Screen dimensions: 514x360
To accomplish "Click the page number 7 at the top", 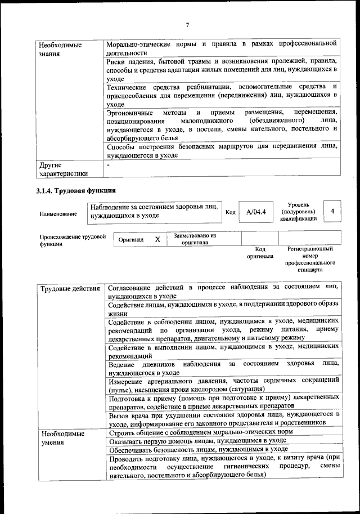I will [187, 24].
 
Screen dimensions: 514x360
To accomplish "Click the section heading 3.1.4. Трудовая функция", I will [76, 190].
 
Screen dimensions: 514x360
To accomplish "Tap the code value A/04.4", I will [255, 212].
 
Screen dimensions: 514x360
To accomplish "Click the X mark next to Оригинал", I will [157, 239].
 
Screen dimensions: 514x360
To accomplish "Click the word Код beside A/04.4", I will [230, 212].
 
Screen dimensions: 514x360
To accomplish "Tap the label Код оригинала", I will [260, 252].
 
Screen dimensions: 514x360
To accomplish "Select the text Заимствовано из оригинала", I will [195, 239].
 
